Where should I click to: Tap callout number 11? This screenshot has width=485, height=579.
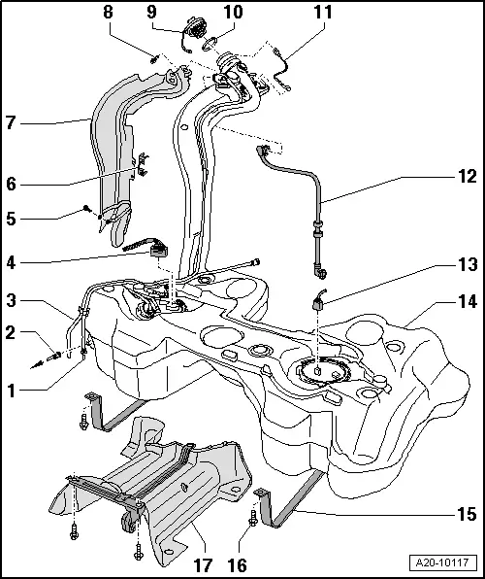coord(322,13)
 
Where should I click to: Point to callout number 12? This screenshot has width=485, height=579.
coord(468,178)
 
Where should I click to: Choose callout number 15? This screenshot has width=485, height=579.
coord(468,513)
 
